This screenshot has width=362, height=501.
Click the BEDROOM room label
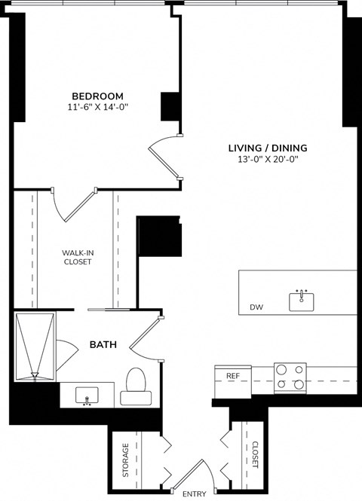click(x=97, y=96)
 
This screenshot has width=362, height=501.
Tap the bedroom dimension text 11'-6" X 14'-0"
click(x=97, y=108)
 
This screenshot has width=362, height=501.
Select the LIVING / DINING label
click(x=268, y=148)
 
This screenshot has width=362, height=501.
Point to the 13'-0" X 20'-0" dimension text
click(x=268, y=160)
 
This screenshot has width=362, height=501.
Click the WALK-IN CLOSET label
click(x=76, y=258)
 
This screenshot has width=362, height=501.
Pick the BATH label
click(x=103, y=345)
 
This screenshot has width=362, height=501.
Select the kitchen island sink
click(x=302, y=301)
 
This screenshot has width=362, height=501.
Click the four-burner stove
click(x=290, y=377)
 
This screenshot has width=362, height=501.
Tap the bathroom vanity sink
click(x=87, y=396)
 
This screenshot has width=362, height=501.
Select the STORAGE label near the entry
click(x=125, y=460)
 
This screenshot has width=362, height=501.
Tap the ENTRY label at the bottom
click(x=195, y=494)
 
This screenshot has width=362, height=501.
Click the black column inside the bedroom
click(x=170, y=105)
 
